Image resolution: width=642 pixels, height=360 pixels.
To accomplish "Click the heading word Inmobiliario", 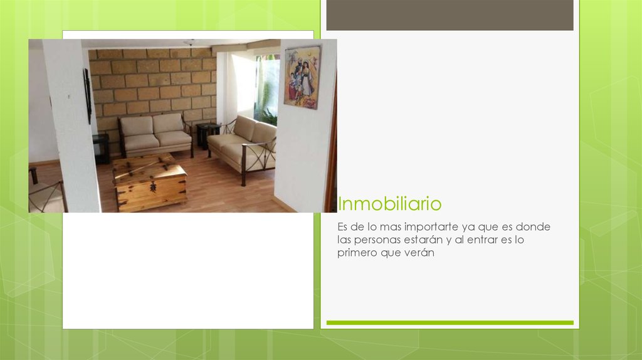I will click(x=389, y=204).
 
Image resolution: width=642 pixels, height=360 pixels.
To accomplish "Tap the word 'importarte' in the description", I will click(x=433, y=226).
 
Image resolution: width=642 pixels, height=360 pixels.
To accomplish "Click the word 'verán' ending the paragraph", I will click(x=420, y=253).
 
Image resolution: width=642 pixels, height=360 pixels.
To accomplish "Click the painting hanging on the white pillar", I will click(x=302, y=77).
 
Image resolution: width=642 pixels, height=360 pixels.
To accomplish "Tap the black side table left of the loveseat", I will click(x=100, y=148).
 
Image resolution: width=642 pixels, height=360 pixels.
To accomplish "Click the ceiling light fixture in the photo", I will click(x=189, y=43).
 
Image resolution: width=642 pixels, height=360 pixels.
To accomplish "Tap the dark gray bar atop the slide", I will click(x=450, y=15).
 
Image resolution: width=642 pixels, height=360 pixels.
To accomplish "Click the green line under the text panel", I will click(x=450, y=322).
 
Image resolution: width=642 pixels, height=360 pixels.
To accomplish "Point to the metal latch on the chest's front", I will click(x=152, y=187).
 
